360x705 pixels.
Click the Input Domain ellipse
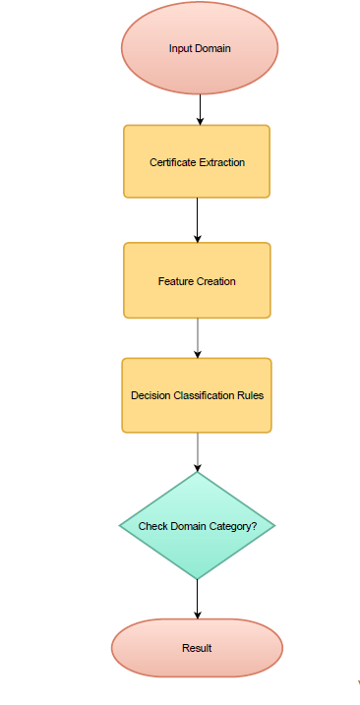pos(200,48)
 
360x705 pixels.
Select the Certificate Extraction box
pos(197,161)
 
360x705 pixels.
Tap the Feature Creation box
pos(197,281)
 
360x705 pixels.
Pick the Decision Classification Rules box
pos(197,395)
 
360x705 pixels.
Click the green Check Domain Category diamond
pos(197,526)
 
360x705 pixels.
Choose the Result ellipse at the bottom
pos(197,648)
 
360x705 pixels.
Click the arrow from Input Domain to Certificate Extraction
pos(201,108)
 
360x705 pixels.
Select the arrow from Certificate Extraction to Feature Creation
pos(198,220)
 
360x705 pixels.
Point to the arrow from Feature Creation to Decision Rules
pos(198,337)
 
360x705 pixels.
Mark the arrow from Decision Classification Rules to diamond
pos(198,452)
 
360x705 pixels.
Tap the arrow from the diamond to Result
pos(198,599)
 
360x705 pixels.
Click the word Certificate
pos(171,162)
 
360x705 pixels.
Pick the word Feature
pos(175,282)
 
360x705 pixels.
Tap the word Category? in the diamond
pos(236,527)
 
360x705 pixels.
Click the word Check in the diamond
pos(152,527)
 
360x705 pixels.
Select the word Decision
pos(150,396)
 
